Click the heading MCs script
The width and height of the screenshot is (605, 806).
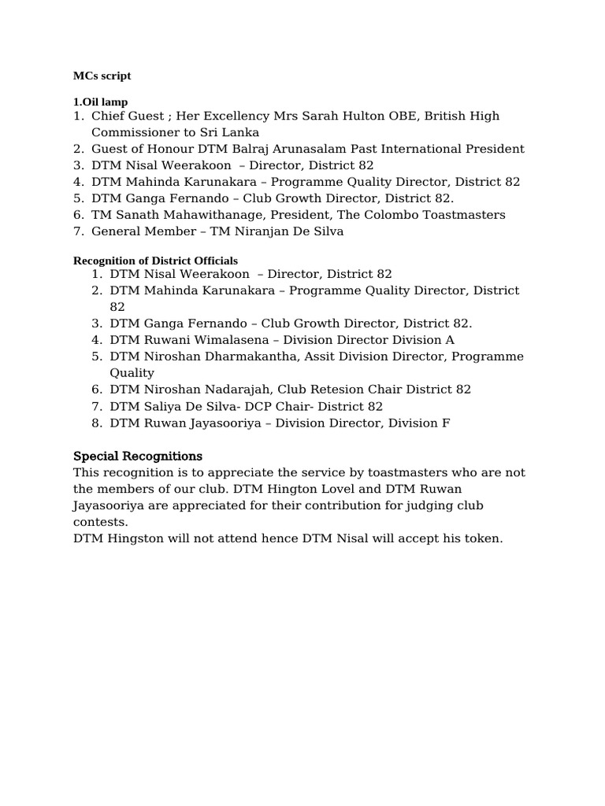point(102,76)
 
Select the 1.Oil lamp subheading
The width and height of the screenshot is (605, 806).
point(100,102)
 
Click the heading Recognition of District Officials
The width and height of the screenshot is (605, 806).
point(155,261)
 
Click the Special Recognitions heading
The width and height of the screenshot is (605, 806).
point(138,457)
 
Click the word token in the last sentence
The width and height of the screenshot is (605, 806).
point(482,538)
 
